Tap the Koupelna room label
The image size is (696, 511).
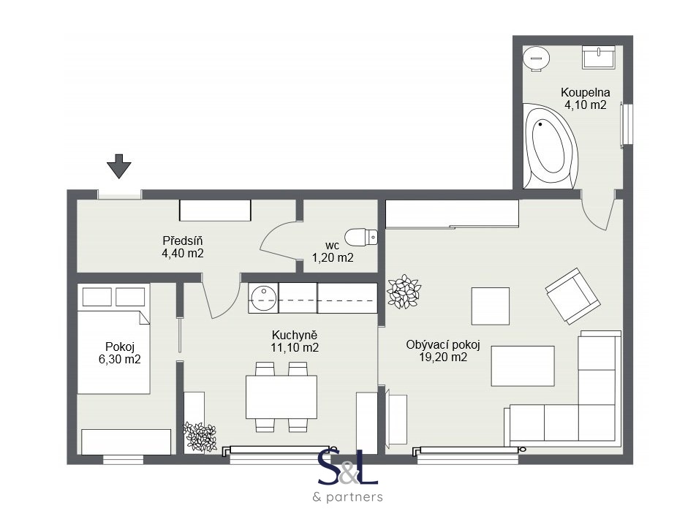(x=585, y=92)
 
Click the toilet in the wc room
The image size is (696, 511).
(x=360, y=237)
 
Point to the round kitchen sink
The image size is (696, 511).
(x=262, y=297)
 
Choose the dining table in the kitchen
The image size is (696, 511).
(x=281, y=396)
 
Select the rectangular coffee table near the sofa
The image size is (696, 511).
(x=522, y=366)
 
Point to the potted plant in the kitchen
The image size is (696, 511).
(x=200, y=436)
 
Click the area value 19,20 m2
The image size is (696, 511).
(x=438, y=357)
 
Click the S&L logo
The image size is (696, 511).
(x=347, y=468)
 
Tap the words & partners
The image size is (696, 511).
(x=347, y=497)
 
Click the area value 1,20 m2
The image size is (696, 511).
(x=333, y=257)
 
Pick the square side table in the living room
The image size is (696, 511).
(x=490, y=306)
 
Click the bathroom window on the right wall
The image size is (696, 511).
(x=625, y=125)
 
